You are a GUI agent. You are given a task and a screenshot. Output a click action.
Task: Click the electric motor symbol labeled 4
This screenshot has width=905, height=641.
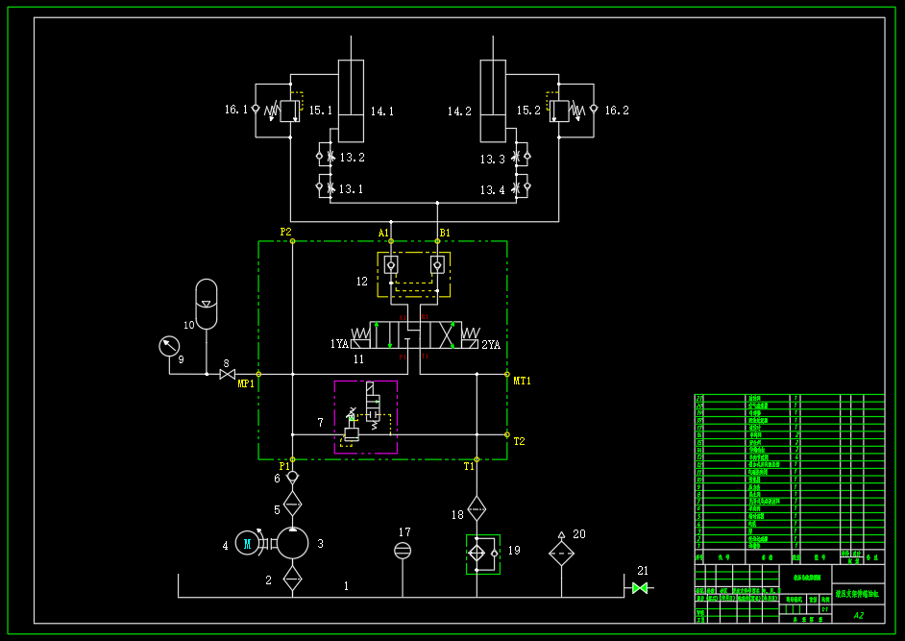(247, 544)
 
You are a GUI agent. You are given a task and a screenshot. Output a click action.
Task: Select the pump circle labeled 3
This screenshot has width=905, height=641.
(293, 543)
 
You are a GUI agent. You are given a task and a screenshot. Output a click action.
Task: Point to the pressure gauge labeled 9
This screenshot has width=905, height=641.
(170, 346)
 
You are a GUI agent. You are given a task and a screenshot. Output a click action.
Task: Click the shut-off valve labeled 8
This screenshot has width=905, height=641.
(227, 374)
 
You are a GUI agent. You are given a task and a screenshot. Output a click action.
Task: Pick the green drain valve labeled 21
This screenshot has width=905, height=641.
(640, 587)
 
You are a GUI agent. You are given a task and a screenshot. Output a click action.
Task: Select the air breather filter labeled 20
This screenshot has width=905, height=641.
(561, 553)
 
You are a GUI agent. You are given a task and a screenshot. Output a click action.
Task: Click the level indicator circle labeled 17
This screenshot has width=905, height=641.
(403, 550)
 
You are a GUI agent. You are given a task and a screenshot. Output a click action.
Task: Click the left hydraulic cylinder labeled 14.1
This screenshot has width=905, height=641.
(352, 101)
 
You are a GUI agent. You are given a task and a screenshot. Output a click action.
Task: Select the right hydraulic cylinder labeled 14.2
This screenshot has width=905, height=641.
(493, 101)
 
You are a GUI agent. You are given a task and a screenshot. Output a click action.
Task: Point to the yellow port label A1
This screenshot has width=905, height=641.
(383, 233)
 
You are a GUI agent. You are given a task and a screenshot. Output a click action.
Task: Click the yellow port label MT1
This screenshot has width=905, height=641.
(522, 382)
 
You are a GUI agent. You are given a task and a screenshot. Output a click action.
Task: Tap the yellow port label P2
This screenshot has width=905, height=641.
(285, 232)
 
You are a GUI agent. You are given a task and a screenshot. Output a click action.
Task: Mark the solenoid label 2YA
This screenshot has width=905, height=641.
(491, 344)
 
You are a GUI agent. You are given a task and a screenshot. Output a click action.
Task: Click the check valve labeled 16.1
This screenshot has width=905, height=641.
(256, 110)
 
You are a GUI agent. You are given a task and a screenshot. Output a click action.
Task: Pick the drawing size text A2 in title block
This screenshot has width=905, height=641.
(858, 615)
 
